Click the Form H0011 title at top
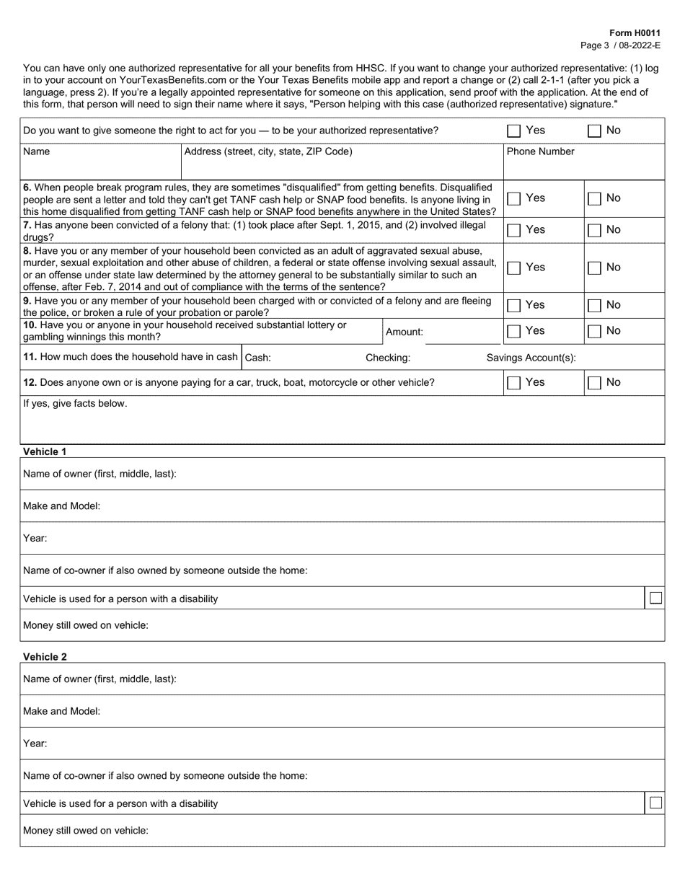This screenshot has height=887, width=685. pyautogui.click(x=635, y=33)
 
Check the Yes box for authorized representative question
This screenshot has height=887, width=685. pyautogui.click(x=513, y=131)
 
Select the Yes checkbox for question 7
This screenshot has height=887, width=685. pyautogui.click(x=513, y=231)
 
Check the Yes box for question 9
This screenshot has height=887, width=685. pyautogui.click(x=513, y=306)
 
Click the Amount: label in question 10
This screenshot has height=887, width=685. pyautogui.click(x=405, y=332)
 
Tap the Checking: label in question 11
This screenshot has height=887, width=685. pyautogui.click(x=388, y=358)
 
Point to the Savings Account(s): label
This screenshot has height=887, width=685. pyautogui.click(x=531, y=358)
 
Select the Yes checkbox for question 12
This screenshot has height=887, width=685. pyautogui.click(x=513, y=384)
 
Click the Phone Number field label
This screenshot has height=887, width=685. pyautogui.click(x=541, y=151)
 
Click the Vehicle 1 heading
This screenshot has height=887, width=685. pyautogui.click(x=45, y=451)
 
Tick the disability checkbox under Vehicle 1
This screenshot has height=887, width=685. pyautogui.click(x=655, y=598)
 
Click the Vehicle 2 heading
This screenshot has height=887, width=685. pyautogui.click(x=45, y=656)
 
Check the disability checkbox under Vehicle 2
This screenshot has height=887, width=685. pyautogui.click(x=655, y=803)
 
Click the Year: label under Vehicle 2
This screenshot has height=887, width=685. pyautogui.click(x=35, y=743)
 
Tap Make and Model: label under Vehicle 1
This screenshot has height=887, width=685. pyautogui.click(x=62, y=506)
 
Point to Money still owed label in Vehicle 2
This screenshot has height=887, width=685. pyautogui.click(x=86, y=830)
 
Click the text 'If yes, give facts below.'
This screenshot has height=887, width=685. pyautogui.click(x=75, y=403)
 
